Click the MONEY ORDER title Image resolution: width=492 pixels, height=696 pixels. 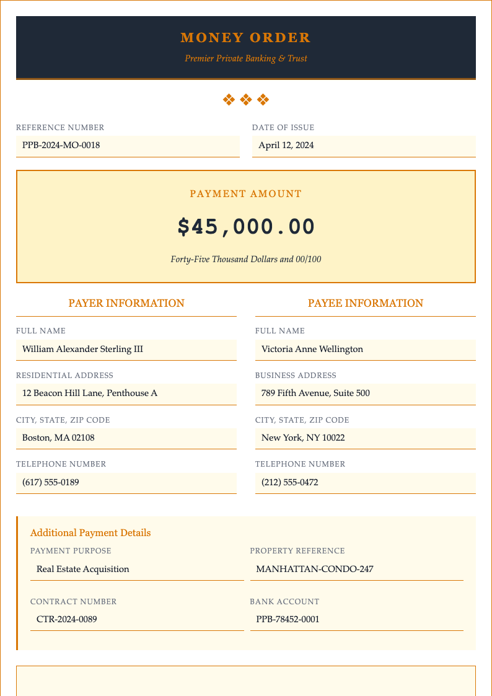click(x=245, y=38)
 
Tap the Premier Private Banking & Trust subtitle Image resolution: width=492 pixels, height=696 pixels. click(x=245, y=58)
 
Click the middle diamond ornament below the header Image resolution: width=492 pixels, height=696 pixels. click(x=246, y=99)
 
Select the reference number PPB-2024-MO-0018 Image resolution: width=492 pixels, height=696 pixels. click(x=61, y=146)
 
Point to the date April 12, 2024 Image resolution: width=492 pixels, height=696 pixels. click(x=286, y=146)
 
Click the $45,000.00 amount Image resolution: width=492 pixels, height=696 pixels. click(x=246, y=227)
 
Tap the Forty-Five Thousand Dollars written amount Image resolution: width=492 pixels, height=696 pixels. click(x=246, y=259)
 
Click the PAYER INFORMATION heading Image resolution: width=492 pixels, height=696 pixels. click(x=126, y=303)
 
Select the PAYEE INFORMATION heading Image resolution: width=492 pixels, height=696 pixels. click(x=366, y=303)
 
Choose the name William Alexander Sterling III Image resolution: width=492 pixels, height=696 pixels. click(x=82, y=349)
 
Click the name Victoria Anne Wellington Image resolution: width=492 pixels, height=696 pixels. click(x=312, y=349)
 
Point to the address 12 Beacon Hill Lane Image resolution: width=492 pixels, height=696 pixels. click(x=90, y=393)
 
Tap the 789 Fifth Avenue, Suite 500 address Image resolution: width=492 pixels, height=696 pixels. click(x=315, y=393)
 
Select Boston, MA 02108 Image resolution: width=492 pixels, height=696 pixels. click(x=58, y=438)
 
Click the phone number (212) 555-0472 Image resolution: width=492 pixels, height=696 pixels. click(x=289, y=482)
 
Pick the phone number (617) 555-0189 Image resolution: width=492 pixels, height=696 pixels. click(x=50, y=482)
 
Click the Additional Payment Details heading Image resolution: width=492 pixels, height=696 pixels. click(x=90, y=533)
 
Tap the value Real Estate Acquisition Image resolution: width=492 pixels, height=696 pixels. click(x=83, y=569)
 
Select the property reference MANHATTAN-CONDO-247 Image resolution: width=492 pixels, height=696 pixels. click(x=315, y=569)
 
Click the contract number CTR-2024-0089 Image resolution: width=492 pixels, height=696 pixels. click(x=67, y=619)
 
